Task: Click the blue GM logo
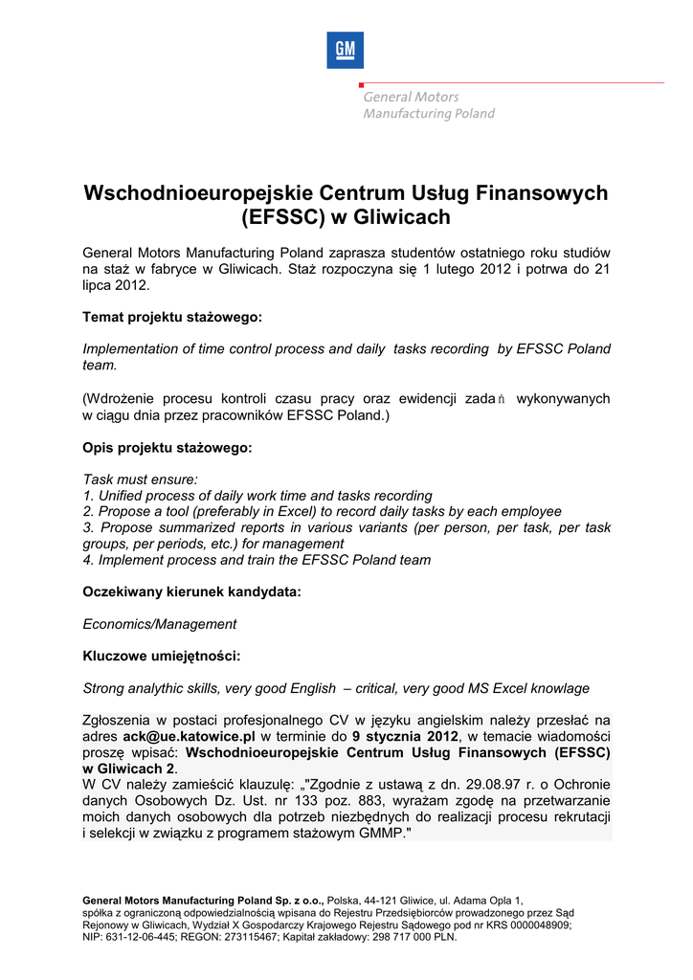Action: (x=345, y=50)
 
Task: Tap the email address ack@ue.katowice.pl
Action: (x=189, y=737)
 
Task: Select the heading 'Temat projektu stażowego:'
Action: (x=172, y=317)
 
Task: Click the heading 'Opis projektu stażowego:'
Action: (x=168, y=448)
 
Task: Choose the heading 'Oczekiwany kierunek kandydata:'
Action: (x=191, y=592)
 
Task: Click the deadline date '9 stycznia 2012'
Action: (x=405, y=737)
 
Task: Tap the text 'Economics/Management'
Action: (x=160, y=624)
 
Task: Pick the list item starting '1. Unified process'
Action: (x=257, y=496)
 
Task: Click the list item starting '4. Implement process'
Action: (x=257, y=560)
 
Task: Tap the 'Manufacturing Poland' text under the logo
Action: (x=428, y=114)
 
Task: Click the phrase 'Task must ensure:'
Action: (x=141, y=479)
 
